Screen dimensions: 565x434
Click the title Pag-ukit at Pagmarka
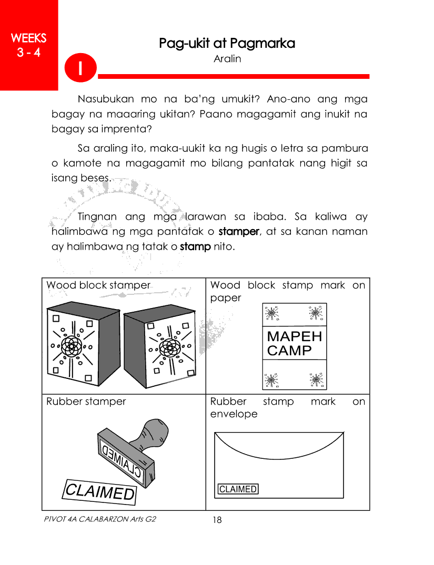coord(227,44)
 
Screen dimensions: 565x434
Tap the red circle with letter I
coord(80,69)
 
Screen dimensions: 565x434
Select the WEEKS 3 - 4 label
coord(28,45)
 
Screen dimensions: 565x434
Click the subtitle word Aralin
coord(227,59)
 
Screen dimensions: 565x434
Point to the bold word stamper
coord(239,231)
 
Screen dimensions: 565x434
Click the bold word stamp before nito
coord(195,246)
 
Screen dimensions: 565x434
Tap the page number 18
coord(217,520)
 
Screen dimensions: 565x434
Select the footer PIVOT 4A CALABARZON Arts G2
coord(101,519)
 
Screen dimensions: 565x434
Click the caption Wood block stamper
coord(98,285)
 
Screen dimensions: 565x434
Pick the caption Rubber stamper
coord(86,402)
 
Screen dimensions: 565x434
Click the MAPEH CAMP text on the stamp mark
coord(295,343)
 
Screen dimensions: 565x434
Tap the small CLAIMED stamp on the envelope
coord(238,489)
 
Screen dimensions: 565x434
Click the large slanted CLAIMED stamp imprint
coord(99,491)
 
